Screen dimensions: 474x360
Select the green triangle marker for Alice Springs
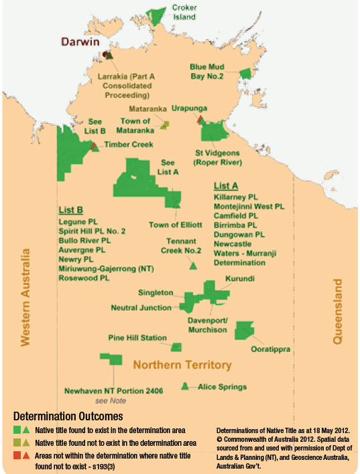(x=184, y=386)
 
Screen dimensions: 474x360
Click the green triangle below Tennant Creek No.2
(x=193, y=266)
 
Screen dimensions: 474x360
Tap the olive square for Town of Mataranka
(x=164, y=125)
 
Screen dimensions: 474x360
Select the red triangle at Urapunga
(x=200, y=119)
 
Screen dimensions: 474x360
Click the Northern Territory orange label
(x=182, y=365)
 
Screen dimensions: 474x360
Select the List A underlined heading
(x=226, y=185)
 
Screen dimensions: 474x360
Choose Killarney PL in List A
(x=235, y=198)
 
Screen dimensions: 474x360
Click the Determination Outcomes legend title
(x=56, y=415)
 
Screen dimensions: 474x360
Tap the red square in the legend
(x=16, y=455)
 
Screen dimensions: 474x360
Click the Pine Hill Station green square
(x=176, y=347)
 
